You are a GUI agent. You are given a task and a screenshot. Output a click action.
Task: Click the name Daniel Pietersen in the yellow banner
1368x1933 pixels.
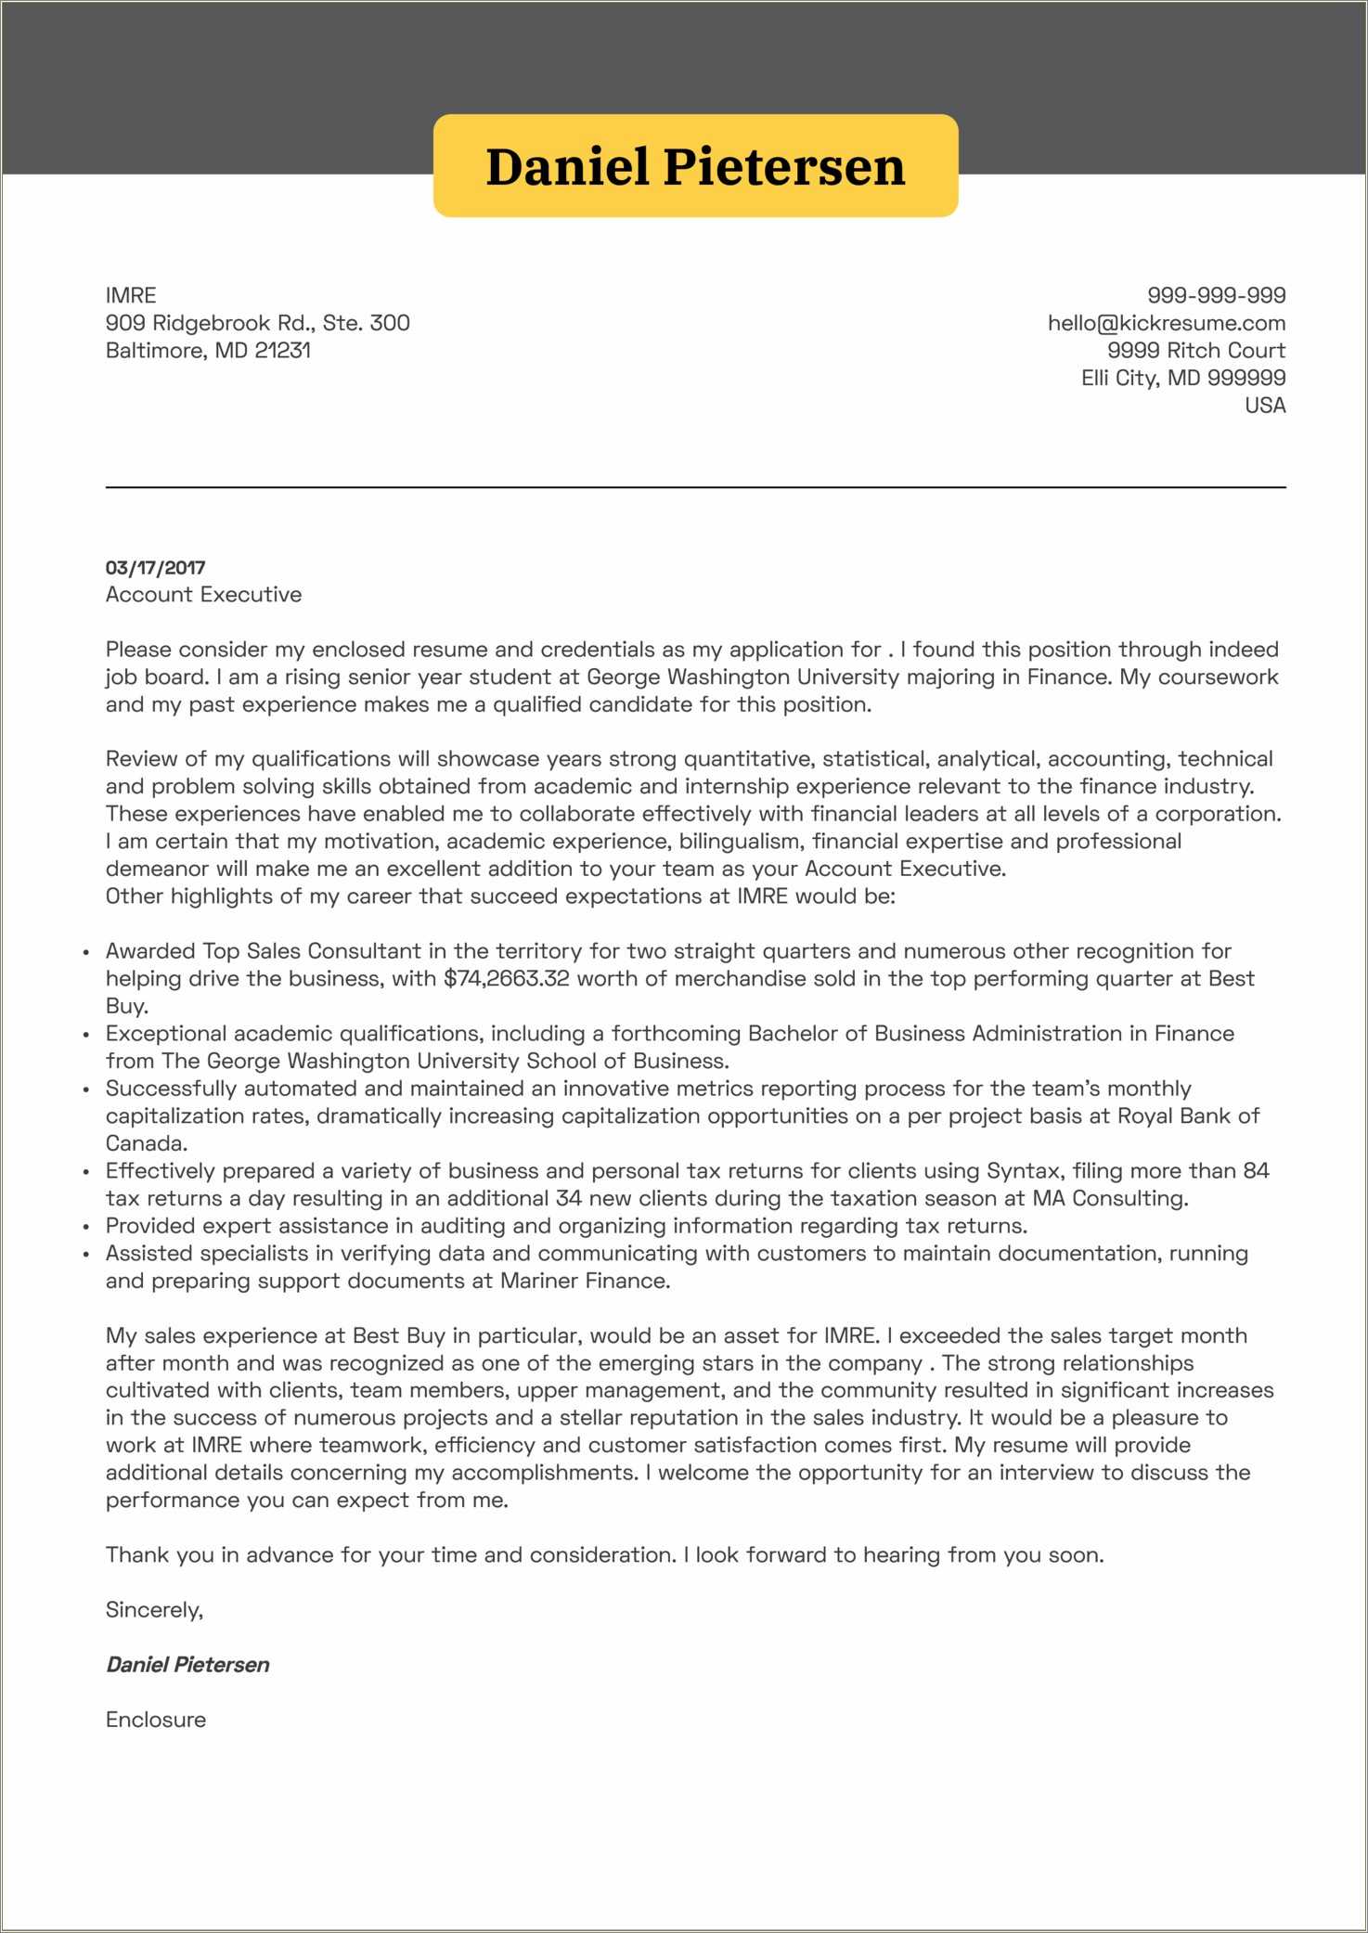pyautogui.click(x=695, y=167)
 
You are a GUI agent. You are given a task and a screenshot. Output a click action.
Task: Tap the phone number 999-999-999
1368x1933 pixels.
pyautogui.click(x=1216, y=295)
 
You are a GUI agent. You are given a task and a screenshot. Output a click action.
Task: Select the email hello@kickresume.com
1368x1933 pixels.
pyautogui.click(x=1166, y=323)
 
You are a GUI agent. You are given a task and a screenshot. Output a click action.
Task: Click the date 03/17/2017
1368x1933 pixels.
pyautogui.click(x=155, y=567)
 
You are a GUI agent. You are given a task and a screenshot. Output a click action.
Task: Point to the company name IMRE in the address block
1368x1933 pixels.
pyautogui.click(x=131, y=295)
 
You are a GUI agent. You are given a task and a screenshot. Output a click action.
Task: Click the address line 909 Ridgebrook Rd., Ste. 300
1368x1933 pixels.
pyautogui.click(x=257, y=323)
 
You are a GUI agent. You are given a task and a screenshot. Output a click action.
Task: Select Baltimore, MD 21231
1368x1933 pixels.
pyautogui.click(x=208, y=350)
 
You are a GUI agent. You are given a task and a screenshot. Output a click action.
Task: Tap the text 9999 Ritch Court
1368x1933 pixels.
pyautogui.click(x=1195, y=350)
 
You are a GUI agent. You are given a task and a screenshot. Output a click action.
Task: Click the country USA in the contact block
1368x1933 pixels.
pyautogui.click(x=1264, y=405)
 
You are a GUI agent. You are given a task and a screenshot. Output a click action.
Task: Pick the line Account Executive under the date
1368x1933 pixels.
pyautogui.click(x=203, y=594)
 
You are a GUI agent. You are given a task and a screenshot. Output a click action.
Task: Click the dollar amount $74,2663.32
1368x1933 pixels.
pyautogui.click(x=506, y=978)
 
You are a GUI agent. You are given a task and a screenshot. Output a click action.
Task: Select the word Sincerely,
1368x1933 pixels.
pyautogui.click(x=154, y=1609)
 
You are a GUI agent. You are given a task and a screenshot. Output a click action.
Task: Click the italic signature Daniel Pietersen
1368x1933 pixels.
pyautogui.click(x=187, y=1664)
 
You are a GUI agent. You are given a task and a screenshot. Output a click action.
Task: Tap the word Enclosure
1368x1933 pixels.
pyautogui.click(x=156, y=1719)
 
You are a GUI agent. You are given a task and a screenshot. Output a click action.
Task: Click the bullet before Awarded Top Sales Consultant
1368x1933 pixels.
pyautogui.click(x=85, y=952)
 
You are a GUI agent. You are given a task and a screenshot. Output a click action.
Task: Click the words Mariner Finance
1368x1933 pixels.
pyautogui.click(x=584, y=1281)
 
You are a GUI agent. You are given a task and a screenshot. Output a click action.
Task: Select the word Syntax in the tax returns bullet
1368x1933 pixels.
pyautogui.click(x=1022, y=1170)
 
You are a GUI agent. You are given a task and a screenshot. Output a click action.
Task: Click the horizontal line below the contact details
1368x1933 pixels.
pyautogui.click(x=695, y=487)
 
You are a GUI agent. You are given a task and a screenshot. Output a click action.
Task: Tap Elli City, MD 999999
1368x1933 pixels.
pyautogui.click(x=1182, y=378)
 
